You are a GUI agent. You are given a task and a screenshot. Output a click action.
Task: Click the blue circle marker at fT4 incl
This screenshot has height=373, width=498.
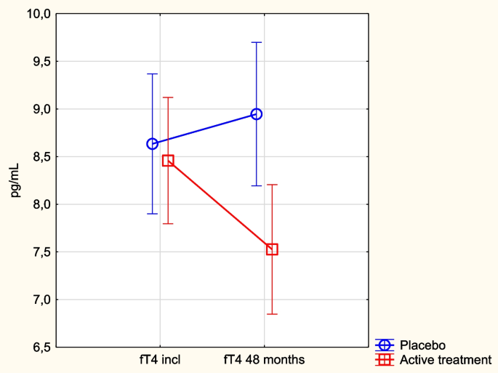coord(153,143)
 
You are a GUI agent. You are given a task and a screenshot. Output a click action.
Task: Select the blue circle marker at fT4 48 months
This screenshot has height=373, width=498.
coord(257,114)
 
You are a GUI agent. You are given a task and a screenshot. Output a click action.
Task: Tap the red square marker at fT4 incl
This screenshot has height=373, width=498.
coord(168,161)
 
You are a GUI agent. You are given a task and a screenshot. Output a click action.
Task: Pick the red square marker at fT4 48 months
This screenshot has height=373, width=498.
coord(272,249)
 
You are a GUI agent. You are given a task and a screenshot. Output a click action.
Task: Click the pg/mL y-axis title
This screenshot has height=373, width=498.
coord(15,180)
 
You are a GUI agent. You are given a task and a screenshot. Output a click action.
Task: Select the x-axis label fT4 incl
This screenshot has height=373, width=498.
coord(160,359)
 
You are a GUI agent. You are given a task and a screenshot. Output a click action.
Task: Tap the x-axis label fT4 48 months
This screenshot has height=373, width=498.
coord(264,359)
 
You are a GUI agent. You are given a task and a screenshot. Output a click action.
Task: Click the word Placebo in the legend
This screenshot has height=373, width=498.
coord(422,345)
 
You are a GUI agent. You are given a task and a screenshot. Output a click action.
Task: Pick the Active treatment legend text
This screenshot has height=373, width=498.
coord(446,359)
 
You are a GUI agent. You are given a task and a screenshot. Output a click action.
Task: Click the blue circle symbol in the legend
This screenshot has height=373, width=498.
coord(385,345)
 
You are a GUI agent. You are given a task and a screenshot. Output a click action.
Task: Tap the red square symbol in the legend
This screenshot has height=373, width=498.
coord(385,359)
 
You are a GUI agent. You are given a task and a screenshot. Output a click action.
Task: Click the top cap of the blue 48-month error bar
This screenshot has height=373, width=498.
coord(257,43)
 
